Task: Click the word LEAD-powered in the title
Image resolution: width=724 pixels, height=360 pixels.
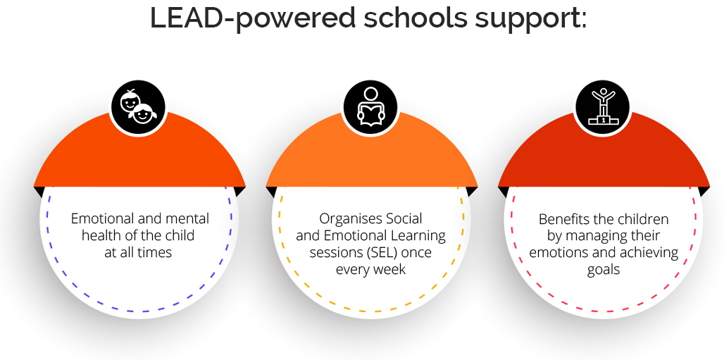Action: tap(252, 18)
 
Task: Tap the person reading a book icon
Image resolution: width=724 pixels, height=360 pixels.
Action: tap(370, 108)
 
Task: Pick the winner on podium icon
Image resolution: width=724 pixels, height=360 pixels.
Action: tap(604, 107)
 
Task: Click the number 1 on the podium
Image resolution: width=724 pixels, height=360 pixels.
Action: tap(604, 120)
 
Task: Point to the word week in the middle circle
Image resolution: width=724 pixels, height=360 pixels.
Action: tap(391, 269)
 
